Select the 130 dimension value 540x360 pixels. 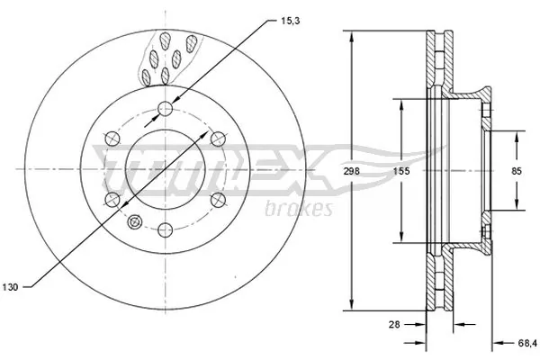coord(10,288)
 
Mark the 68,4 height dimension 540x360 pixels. coord(526,342)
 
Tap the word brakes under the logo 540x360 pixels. coord(300,210)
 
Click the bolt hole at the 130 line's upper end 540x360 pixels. coord(215,138)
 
